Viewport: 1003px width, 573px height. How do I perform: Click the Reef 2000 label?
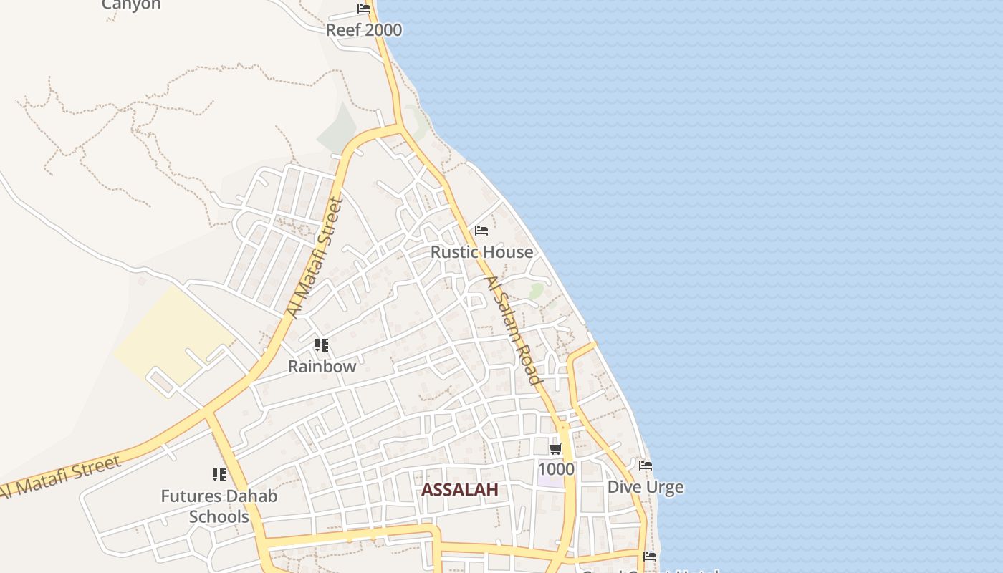click(x=364, y=30)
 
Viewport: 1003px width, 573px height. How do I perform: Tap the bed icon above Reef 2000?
click(x=364, y=9)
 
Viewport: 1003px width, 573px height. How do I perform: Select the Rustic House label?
click(x=481, y=252)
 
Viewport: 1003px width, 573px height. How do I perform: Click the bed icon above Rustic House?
click(x=481, y=231)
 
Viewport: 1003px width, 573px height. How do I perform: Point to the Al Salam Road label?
click(x=513, y=331)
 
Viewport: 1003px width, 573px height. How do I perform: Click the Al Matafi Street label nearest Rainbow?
click(x=316, y=258)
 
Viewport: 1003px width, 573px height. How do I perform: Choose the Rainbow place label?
click(x=322, y=366)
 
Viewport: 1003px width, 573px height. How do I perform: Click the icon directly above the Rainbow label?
click(x=322, y=345)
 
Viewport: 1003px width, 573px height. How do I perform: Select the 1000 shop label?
click(x=556, y=469)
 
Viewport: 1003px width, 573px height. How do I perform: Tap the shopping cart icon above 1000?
click(x=556, y=449)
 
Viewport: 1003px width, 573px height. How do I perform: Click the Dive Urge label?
click(x=646, y=487)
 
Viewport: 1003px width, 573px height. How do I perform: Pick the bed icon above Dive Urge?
click(x=646, y=466)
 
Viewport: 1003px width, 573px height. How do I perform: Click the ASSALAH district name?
click(x=459, y=490)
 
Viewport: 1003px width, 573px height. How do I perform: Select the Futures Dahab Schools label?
click(x=219, y=506)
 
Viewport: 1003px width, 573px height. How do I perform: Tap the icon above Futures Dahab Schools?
click(x=219, y=474)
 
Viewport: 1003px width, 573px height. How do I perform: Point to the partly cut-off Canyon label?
click(x=131, y=5)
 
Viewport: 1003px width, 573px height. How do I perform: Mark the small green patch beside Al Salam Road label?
click(x=536, y=291)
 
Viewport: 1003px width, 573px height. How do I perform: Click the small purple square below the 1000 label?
click(x=550, y=481)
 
